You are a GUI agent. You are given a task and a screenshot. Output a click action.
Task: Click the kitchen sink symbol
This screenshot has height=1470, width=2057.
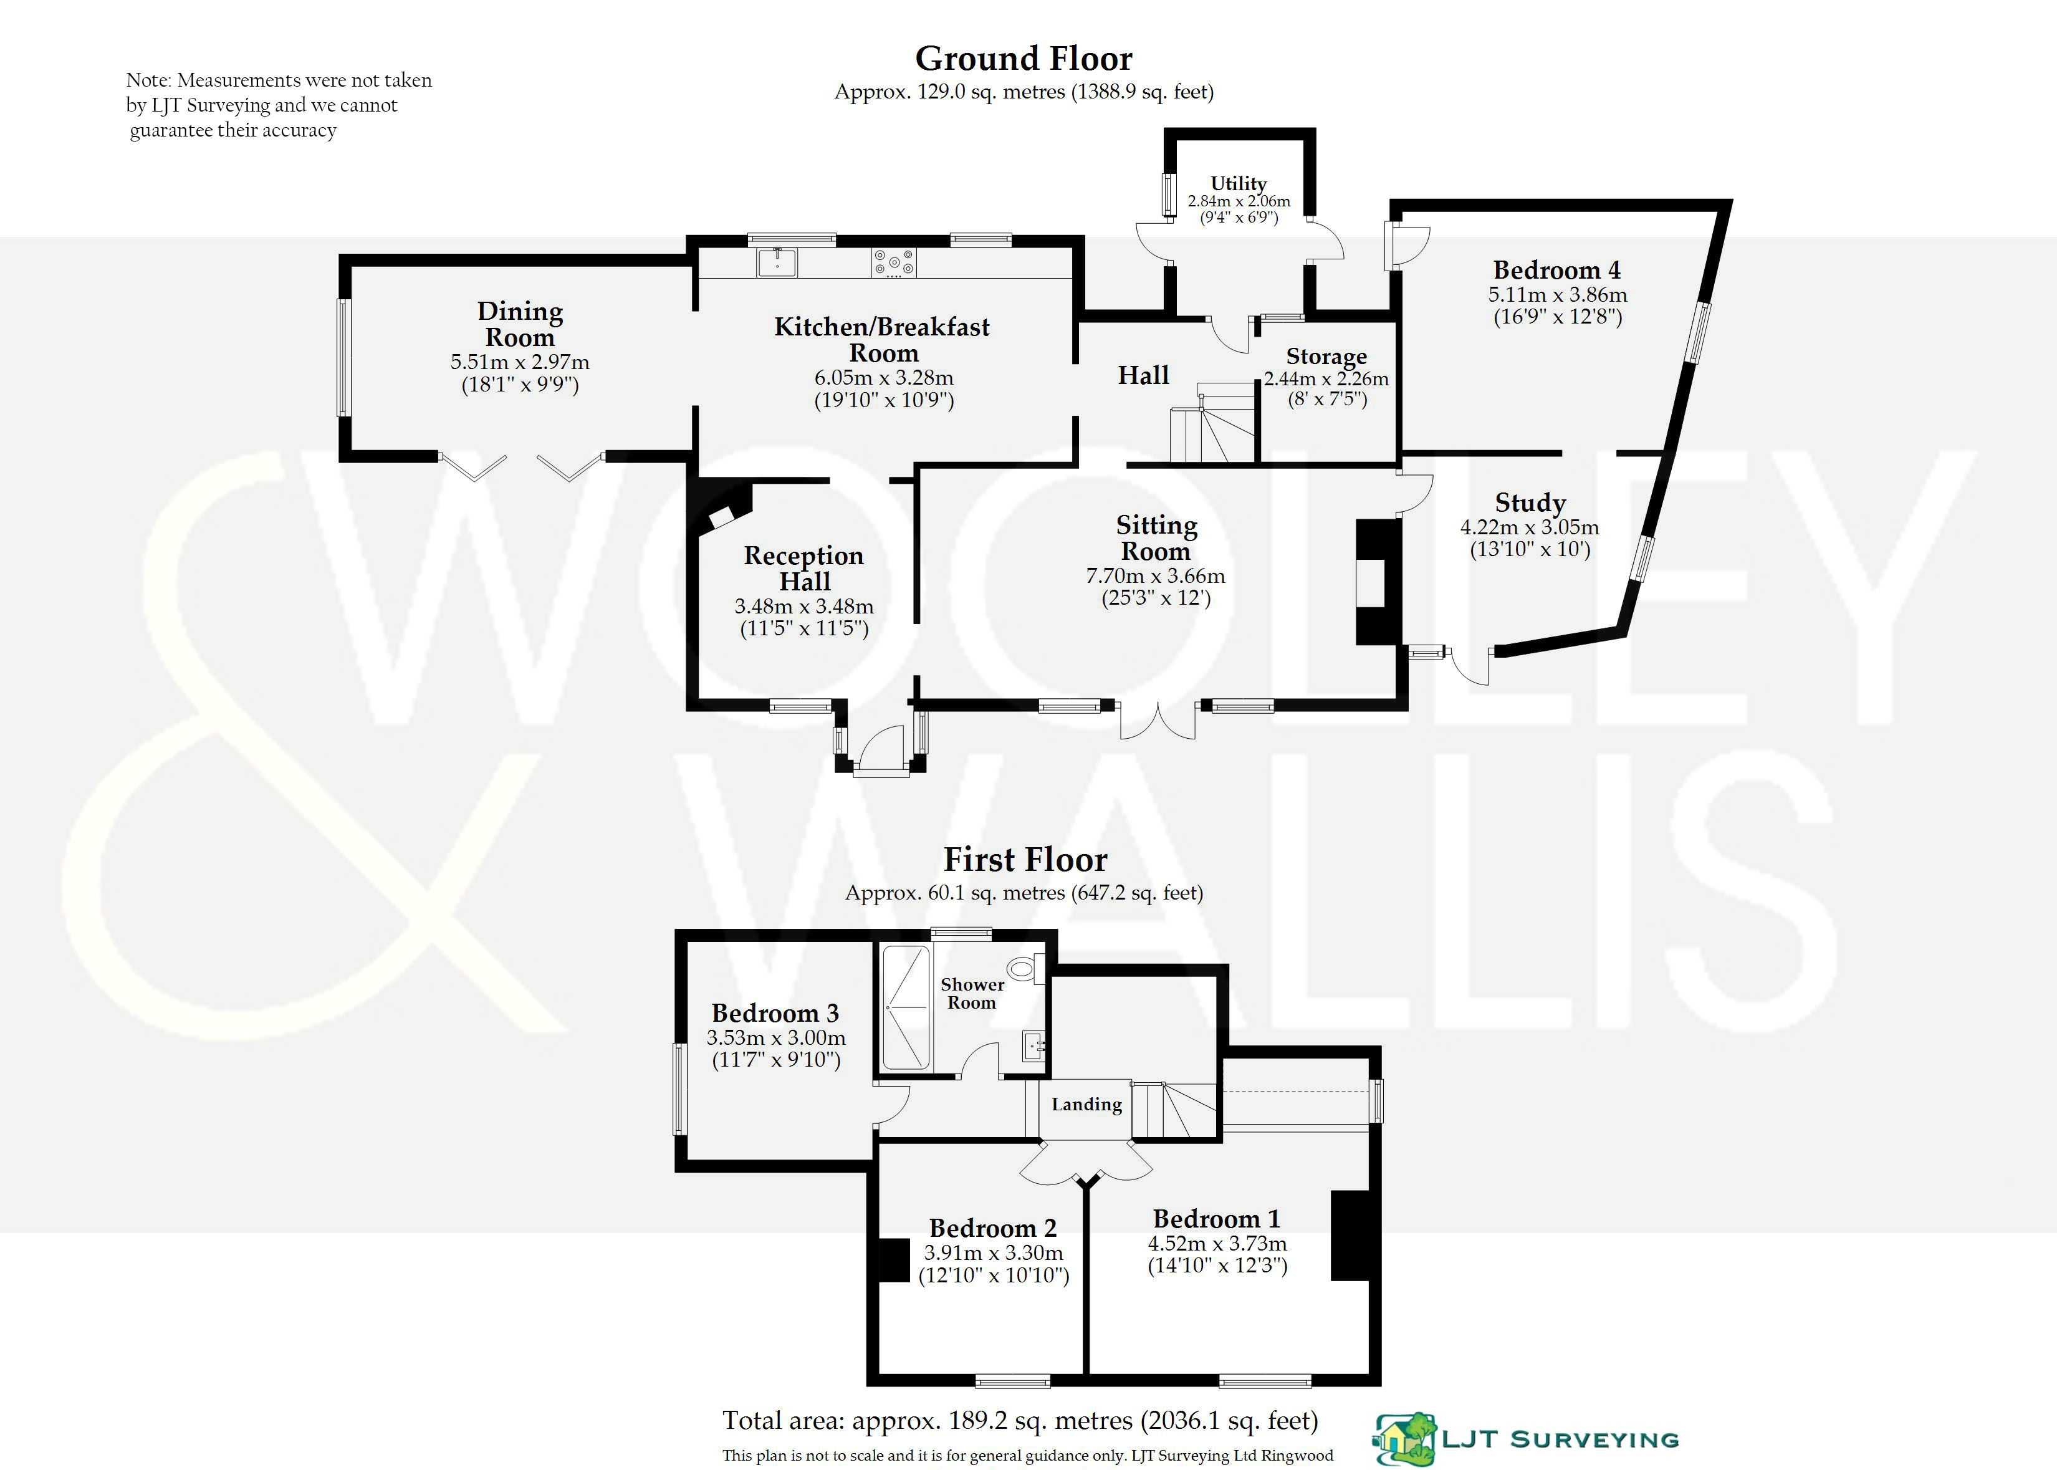click(x=777, y=262)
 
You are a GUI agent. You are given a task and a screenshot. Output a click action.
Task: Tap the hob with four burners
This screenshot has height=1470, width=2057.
click(x=894, y=262)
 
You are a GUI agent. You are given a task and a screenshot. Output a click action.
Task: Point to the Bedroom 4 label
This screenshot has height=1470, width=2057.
click(x=1556, y=270)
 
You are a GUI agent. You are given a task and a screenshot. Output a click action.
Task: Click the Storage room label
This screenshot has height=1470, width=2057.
click(x=1326, y=356)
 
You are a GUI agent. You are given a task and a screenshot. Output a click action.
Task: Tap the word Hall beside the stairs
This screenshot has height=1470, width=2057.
click(x=1143, y=375)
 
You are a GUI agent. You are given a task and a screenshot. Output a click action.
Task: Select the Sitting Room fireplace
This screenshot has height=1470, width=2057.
click(x=1378, y=581)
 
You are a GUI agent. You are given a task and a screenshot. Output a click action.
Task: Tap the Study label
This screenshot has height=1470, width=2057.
click(x=1530, y=502)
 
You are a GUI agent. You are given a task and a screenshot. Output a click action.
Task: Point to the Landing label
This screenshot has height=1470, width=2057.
click(x=1086, y=1104)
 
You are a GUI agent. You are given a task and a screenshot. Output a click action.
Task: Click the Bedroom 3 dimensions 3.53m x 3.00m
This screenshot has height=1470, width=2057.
click(x=775, y=1038)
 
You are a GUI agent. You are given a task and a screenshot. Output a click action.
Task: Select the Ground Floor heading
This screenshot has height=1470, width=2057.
click(x=1024, y=59)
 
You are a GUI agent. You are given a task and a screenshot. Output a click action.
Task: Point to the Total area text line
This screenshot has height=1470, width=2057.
click(x=1020, y=1420)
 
